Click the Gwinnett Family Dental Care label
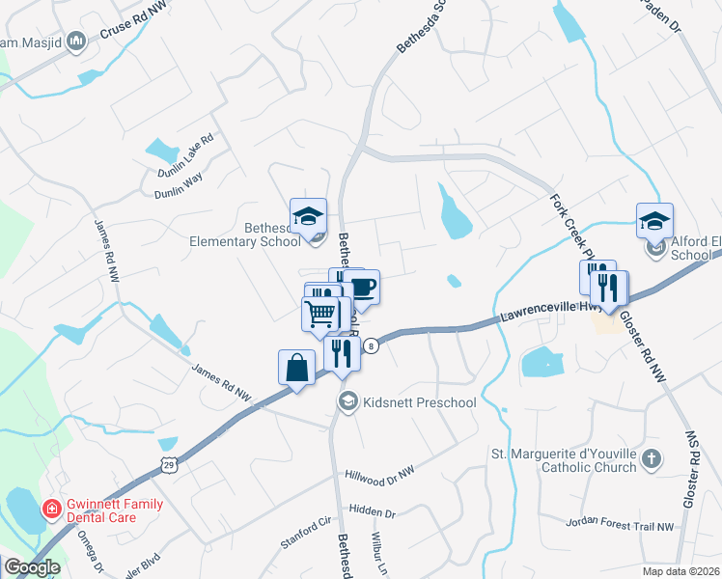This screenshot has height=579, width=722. tap(114, 510)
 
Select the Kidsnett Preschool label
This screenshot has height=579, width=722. tap(419, 401)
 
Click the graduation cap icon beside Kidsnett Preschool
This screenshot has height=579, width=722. tap(347, 400)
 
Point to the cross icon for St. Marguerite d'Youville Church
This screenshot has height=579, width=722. tap(652, 459)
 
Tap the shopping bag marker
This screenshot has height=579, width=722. tap(296, 369)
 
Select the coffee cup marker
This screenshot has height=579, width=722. tap(362, 288)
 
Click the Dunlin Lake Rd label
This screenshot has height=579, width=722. tap(185, 154)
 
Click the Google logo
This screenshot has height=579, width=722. tap(32, 567)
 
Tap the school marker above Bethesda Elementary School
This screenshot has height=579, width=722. tap(308, 217)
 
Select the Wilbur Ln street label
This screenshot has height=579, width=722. tap(378, 552)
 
